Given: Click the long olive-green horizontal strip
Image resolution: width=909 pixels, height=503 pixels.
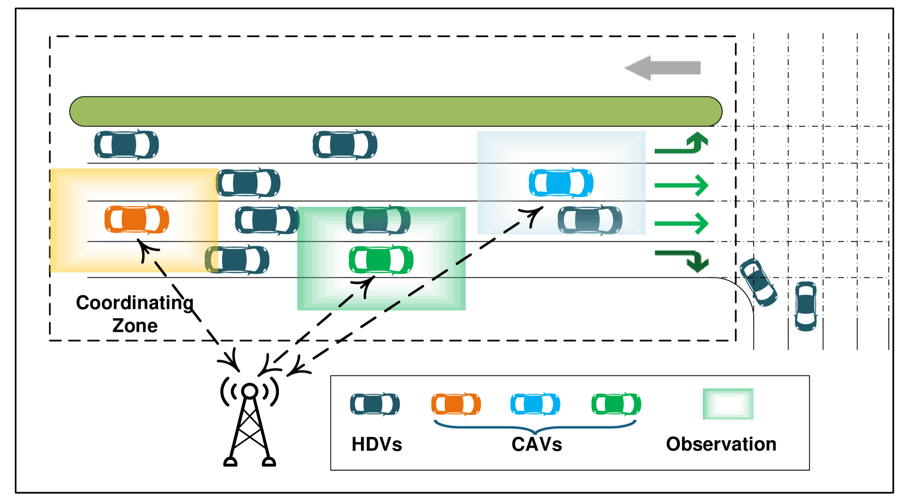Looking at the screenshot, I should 395,112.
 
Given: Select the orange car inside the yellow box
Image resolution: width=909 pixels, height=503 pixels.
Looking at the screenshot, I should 137,220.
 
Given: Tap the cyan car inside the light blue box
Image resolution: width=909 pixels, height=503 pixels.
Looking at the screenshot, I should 561,183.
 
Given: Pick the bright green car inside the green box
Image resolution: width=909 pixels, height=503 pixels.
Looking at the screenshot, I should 381,260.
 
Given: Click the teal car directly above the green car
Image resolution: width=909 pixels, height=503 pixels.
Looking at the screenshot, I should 378,220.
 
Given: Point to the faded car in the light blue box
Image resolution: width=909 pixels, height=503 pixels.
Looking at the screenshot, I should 590,220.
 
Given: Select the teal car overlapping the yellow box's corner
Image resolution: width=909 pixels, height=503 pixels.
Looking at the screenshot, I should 237,260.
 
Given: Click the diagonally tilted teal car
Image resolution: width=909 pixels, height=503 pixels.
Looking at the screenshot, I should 758,282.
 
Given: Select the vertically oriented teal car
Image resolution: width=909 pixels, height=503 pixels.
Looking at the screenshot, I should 806,306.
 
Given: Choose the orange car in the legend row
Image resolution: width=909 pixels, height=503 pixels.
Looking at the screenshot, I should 456,405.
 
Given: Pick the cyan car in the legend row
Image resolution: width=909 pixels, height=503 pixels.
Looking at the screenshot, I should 535,405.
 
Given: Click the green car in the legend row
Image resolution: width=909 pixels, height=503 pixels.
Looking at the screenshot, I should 616,405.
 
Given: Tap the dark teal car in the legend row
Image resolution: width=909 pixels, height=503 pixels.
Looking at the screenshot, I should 375,404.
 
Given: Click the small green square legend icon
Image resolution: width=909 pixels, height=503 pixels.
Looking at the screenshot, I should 728,404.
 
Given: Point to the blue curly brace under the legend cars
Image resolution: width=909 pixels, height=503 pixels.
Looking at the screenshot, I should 535,427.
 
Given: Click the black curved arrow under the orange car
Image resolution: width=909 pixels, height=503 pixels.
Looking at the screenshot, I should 147,252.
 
